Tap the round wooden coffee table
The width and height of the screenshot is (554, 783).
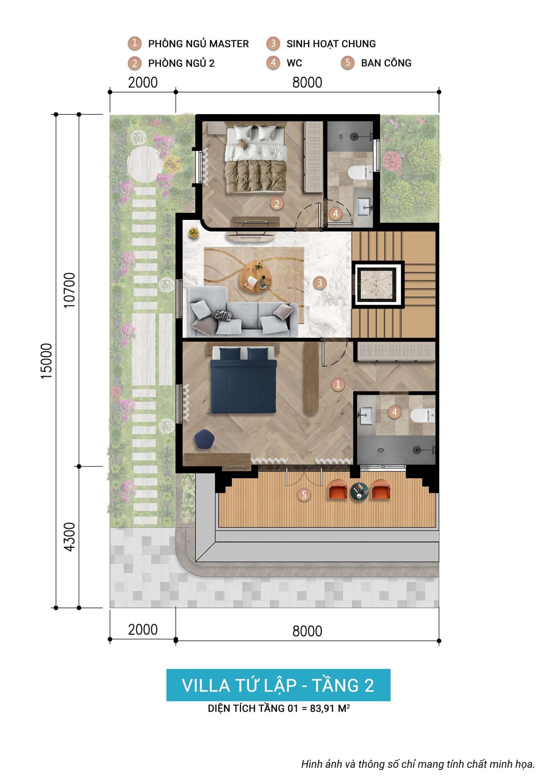click(257, 276)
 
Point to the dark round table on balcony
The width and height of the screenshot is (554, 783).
click(359, 492)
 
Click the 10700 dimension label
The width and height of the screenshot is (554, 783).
click(69, 290)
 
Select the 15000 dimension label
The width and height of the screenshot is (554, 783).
click(46, 361)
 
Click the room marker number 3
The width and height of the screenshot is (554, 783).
click(320, 282)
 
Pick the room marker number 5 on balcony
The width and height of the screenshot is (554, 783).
click(304, 495)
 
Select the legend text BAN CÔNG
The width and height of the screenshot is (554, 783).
click(386, 63)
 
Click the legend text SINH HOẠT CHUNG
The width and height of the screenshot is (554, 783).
click(331, 44)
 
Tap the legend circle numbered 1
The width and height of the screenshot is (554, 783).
click(135, 43)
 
